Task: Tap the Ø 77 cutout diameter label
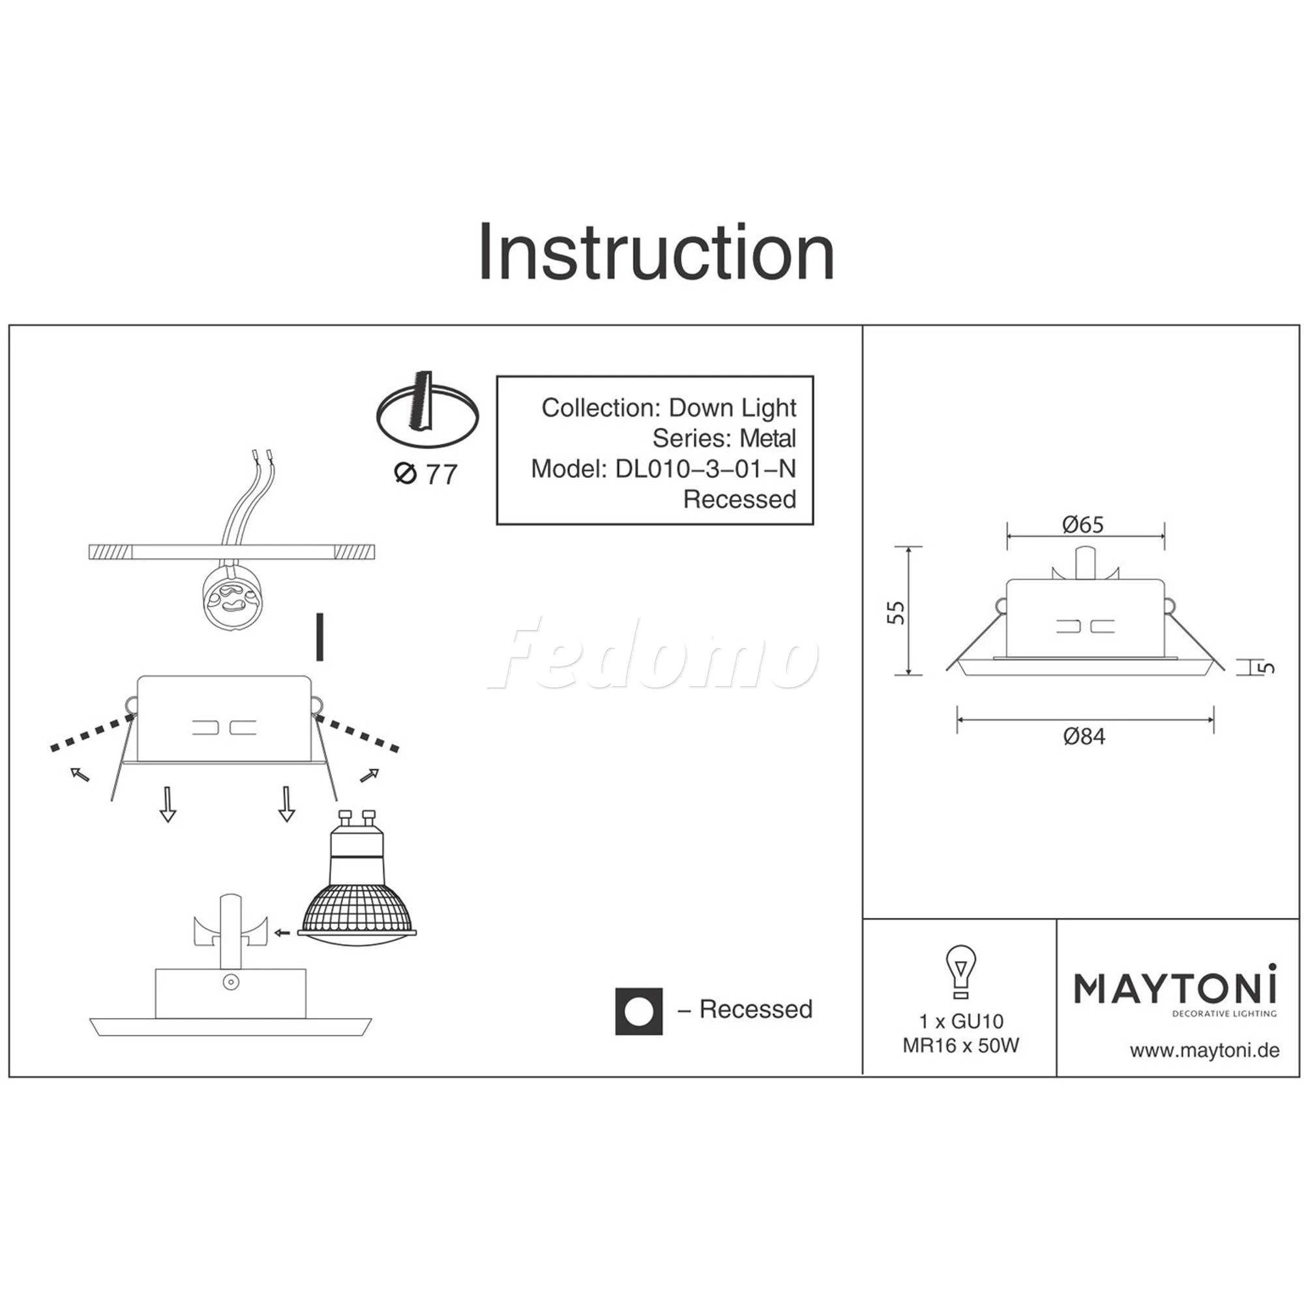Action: coord(426,474)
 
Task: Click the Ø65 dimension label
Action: coord(1082,524)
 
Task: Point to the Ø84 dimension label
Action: coord(1084,736)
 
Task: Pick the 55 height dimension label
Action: coord(896,612)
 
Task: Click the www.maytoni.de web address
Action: coord(1204,1051)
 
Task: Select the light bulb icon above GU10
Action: coord(960,973)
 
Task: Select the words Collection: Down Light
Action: coord(669,407)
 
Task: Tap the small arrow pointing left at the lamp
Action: coord(282,933)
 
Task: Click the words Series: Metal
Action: coord(724,438)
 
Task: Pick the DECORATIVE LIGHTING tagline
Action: coord(1224,1013)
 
